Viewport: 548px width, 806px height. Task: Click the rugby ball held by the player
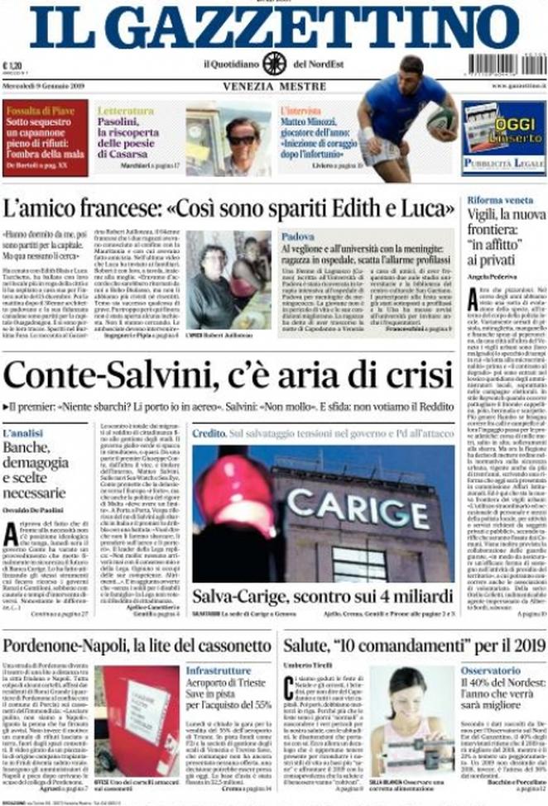tap(442, 122)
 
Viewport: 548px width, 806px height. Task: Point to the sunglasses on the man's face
tap(241, 140)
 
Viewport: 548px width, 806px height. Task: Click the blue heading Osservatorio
tap(491, 670)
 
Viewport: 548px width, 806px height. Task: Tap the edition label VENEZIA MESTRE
tap(273, 85)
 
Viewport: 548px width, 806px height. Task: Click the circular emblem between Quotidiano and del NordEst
tap(274, 63)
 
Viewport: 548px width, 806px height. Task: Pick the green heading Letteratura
tap(125, 110)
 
